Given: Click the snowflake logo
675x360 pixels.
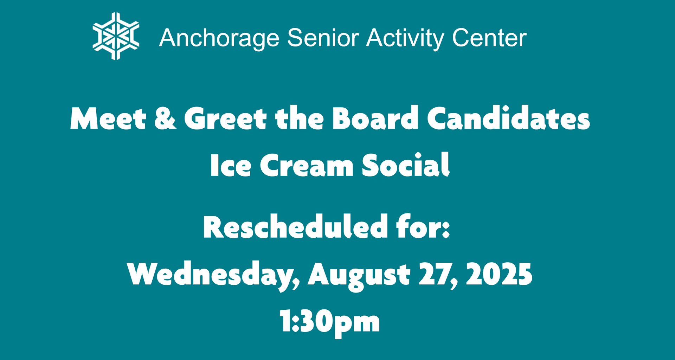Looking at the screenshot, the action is click(x=116, y=36).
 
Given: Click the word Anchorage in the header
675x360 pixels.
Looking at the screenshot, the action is click(x=219, y=38).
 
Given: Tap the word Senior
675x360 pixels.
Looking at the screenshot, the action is click(x=323, y=38).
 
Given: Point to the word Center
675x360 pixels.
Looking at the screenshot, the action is click(x=489, y=38).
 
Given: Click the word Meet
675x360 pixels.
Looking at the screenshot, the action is click(x=108, y=118).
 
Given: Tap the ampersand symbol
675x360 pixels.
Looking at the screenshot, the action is click(x=165, y=118).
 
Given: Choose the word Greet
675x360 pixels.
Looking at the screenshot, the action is click(x=225, y=118).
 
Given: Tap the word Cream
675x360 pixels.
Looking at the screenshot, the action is click(x=307, y=165).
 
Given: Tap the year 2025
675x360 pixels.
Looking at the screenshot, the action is click(x=499, y=274).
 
